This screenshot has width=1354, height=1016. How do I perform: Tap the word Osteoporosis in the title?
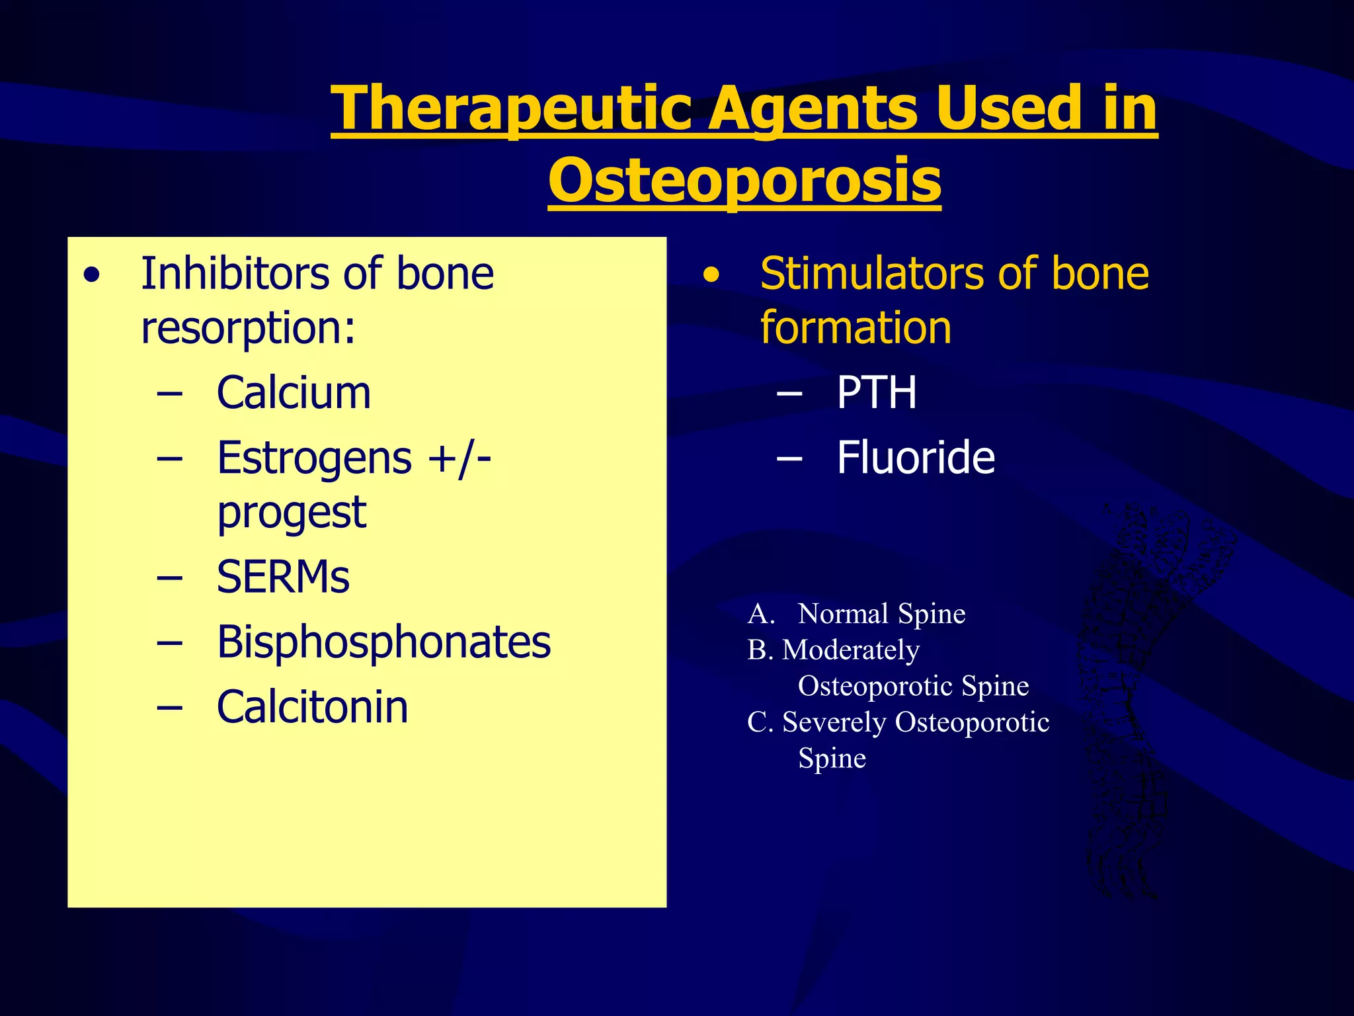tap(744, 181)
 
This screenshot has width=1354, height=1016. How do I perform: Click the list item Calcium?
tap(294, 393)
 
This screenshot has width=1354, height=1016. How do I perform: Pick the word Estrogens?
tap(314, 458)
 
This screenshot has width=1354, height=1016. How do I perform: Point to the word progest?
tap(291, 513)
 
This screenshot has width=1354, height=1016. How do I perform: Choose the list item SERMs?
tap(283, 577)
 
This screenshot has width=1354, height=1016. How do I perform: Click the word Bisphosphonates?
tap(383, 642)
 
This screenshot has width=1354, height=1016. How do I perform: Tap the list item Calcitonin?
tap(312, 706)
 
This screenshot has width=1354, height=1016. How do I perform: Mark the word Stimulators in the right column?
tap(872, 273)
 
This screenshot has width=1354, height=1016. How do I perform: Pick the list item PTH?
tap(877, 393)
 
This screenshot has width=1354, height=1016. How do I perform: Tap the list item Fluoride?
tap(916, 458)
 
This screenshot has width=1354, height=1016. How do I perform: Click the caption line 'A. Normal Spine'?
tap(856, 614)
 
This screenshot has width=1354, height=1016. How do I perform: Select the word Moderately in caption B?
tap(851, 650)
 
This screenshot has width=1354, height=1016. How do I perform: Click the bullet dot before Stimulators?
tap(711, 275)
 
